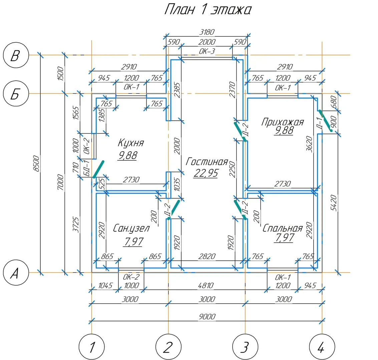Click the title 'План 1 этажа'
coord(207,10)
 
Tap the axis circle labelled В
coord(15,55)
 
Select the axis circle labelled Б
coord(15,94)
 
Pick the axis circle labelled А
coord(15,273)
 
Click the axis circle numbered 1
coord(91,348)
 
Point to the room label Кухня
coord(131,143)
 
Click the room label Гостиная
coord(207,162)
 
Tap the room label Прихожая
coord(282,122)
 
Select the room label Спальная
coord(282,228)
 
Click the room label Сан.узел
coord(131,228)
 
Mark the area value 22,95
coord(206,173)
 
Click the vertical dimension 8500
coord(37,163)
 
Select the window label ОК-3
coord(207,51)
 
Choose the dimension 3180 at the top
coord(207,32)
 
